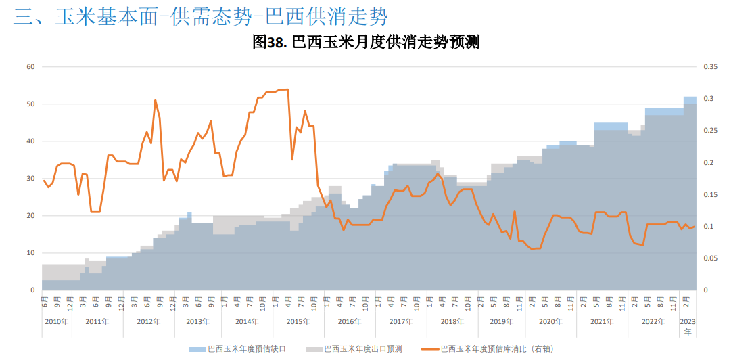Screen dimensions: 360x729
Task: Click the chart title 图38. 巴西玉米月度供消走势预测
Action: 366,42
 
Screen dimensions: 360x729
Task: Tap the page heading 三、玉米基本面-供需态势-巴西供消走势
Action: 201,16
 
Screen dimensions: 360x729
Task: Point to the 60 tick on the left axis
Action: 30,67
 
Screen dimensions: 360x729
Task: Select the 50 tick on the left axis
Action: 30,104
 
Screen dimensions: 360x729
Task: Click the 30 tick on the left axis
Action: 30,179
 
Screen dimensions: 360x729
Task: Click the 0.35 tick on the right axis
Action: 710,67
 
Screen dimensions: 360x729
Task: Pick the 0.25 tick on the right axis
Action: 710,131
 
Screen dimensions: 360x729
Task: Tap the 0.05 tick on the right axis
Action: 710,258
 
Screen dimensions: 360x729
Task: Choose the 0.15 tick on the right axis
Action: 710,195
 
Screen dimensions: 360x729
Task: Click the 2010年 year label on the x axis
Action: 56,321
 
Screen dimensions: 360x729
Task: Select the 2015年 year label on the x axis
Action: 298,321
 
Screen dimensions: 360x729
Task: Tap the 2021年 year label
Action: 602,321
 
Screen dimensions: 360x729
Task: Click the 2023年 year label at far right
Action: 688,326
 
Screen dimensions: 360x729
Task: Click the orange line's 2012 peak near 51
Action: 155,100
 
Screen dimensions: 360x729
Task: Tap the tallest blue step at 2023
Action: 690,99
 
